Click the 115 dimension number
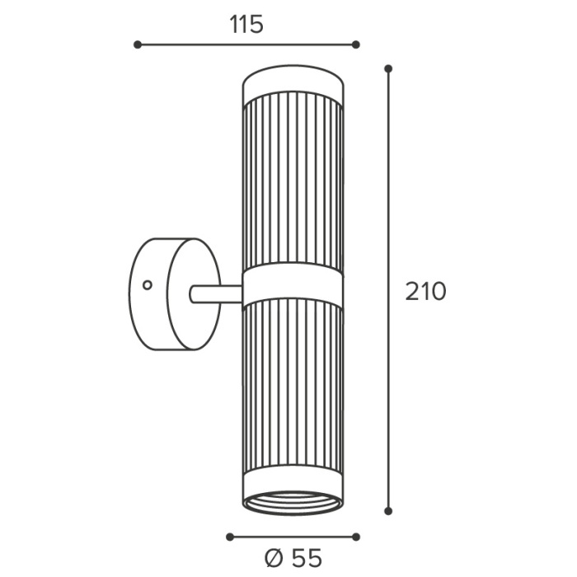(246, 25)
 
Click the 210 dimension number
(425, 292)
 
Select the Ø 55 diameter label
(293, 558)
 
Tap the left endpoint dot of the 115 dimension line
(138, 45)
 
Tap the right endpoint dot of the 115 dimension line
(355, 45)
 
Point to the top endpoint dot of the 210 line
(388, 68)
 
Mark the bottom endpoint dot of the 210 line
(388, 511)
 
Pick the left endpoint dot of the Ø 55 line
(230, 537)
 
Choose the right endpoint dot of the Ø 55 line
(355, 537)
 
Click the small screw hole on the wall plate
(148, 285)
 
